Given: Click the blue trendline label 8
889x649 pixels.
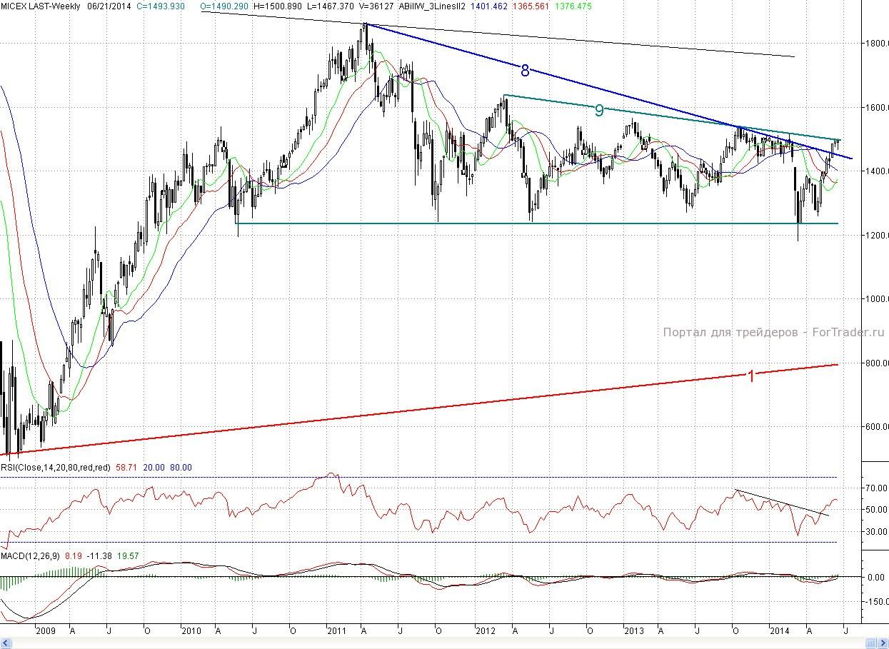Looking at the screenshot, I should (x=525, y=70).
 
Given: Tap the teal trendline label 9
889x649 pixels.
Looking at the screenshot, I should (x=599, y=110).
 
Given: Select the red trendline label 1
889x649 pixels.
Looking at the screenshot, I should (x=750, y=376).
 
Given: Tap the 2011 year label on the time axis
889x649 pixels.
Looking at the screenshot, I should (x=336, y=631).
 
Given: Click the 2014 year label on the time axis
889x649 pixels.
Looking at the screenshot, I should (x=779, y=631).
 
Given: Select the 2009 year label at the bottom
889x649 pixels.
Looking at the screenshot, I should (x=45, y=631).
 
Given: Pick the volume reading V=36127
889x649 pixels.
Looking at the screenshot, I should (x=376, y=6).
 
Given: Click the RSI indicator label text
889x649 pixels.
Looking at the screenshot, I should (x=55, y=467).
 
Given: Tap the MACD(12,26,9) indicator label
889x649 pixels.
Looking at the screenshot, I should (x=30, y=555).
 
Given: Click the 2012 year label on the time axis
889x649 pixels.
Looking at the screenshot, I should (x=486, y=631).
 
